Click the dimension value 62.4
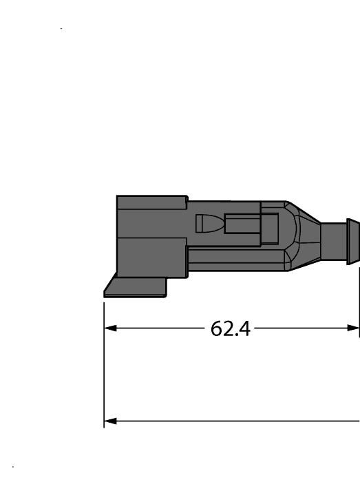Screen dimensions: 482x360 230,328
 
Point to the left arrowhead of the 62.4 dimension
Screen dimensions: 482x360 109,328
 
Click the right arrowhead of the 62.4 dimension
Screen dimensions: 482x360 355,328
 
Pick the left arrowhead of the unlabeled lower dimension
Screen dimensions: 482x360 109,420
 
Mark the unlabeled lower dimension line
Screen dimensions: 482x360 234,420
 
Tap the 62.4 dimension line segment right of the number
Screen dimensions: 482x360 303,328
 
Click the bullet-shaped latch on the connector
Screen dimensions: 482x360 208,224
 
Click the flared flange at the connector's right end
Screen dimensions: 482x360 352,242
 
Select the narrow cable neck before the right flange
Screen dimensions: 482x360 335,242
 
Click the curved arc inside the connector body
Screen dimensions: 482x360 296,238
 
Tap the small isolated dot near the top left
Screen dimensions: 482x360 62,29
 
